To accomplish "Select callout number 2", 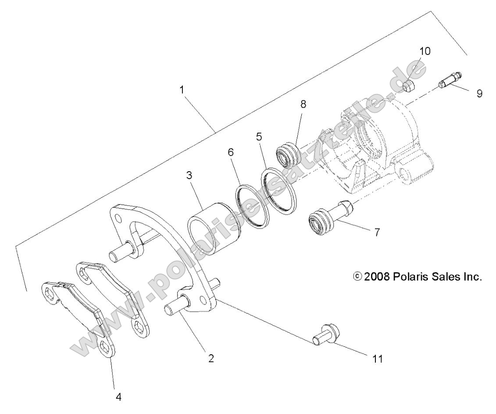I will [x=211, y=358].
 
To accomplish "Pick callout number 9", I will [x=479, y=93].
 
